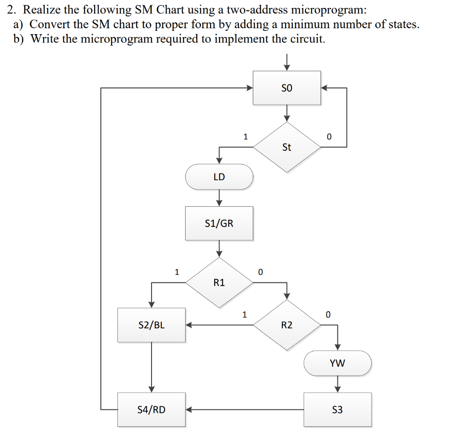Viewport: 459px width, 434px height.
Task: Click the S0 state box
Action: [x=287, y=88]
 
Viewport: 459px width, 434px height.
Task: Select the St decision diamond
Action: [x=287, y=147]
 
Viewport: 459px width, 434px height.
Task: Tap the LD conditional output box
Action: [x=219, y=177]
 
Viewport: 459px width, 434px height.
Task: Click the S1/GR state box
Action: [x=219, y=223]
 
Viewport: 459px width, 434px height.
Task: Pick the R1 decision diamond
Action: [x=219, y=282]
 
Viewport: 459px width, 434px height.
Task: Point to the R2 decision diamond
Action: [x=287, y=325]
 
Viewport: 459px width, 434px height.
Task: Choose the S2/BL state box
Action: [x=152, y=325]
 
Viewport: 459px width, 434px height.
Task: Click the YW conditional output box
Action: [x=338, y=363]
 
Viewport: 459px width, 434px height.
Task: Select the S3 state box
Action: [x=338, y=409]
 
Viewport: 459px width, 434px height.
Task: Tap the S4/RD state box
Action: [x=152, y=409]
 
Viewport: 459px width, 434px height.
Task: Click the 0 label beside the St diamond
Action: [x=329, y=137]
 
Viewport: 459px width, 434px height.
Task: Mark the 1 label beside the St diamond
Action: [x=245, y=136]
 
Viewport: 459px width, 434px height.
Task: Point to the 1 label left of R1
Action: [x=177, y=272]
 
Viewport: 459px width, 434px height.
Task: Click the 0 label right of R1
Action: [x=260, y=272]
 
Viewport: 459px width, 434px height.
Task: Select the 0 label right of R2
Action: [x=328, y=315]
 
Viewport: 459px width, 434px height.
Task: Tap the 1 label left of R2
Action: [x=244, y=314]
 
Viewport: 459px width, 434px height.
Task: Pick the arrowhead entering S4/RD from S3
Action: [x=189, y=409]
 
